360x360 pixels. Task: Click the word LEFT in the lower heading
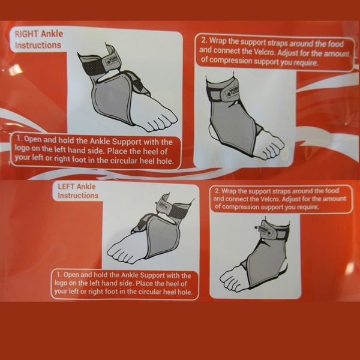(69, 187)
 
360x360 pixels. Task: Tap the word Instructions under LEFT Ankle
(78, 196)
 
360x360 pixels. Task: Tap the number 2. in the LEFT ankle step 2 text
(217, 190)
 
